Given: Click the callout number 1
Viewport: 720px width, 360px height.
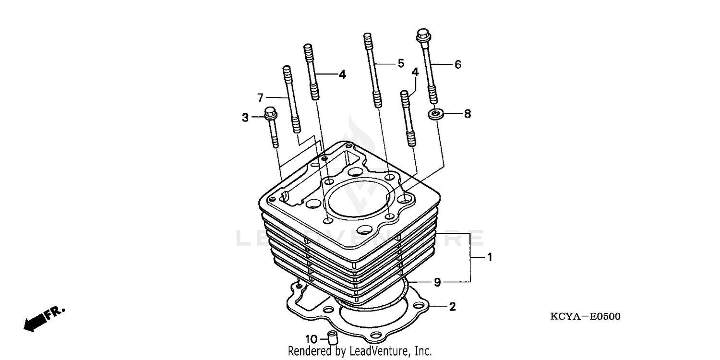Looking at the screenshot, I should pos(490,258).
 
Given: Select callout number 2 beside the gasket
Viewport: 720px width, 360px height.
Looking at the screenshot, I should pos(452,307).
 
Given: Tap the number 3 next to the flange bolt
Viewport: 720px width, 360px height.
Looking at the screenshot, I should pos(245,118).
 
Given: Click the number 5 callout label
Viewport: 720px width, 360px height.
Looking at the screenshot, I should pos(401,63).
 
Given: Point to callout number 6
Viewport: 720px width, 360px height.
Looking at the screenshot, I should pos(457,64).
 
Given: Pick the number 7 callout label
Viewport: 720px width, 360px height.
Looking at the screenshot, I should pos(261,98).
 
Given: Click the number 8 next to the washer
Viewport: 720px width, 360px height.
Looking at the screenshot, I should pos(467,114).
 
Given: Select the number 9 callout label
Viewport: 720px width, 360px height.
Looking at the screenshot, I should pos(437,282).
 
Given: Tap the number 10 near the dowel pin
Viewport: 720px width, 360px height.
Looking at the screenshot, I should pos(311,340).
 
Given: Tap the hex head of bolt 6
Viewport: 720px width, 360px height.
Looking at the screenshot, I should pos(422,35).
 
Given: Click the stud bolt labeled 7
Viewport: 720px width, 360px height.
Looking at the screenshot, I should pos(291,98).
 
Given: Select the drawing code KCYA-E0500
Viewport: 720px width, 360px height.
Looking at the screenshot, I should pos(585,316).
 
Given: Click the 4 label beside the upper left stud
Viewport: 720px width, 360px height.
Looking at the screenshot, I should pos(342,74).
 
